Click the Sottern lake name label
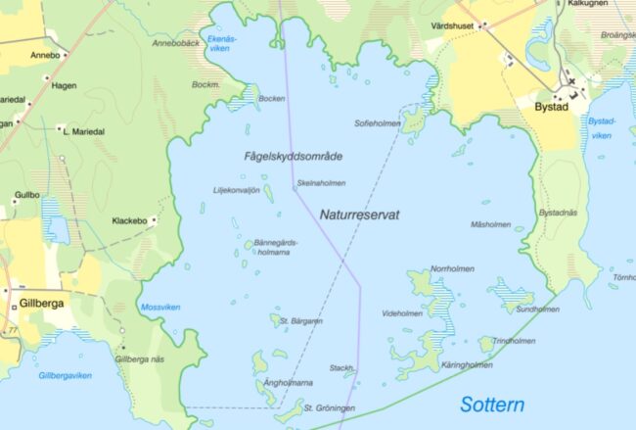pyautogui.click(x=491, y=405)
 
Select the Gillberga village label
pyautogui.click(x=41, y=304)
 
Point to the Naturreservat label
pyautogui.click(x=359, y=213)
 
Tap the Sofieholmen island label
pyautogui.click(x=378, y=124)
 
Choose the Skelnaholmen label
pyautogui.click(x=321, y=182)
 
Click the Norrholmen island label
pyautogui.click(x=452, y=268)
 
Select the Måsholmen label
pyautogui.click(x=490, y=224)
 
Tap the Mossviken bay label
pyautogui.click(x=160, y=307)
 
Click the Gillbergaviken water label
pyautogui.click(x=65, y=375)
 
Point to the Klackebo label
pyautogui.click(x=129, y=221)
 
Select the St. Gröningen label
pyautogui.click(x=329, y=407)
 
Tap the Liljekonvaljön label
pyautogui.click(x=236, y=190)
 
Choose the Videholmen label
pyautogui.click(x=402, y=313)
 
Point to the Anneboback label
pyautogui.click(x=176, y=43)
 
